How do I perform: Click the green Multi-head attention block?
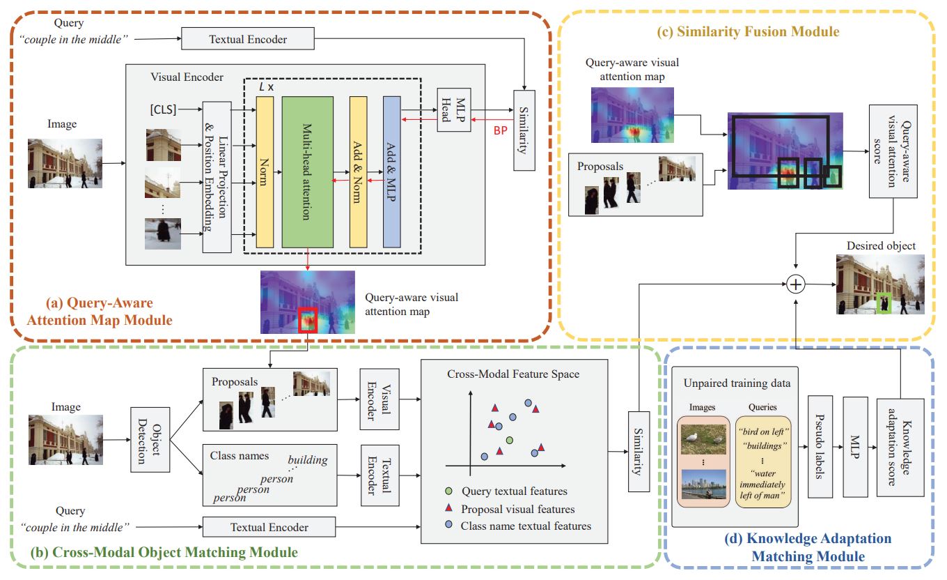(x=307, y=171)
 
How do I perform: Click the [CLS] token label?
(x=163, y=109)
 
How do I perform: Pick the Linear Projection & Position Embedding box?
(x=216, y=176)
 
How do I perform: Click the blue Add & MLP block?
(x=392, y=171)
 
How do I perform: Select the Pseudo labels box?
(x=820, y=447)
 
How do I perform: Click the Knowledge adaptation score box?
(x=900, y=447)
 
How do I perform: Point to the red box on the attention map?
(x=307, y=319)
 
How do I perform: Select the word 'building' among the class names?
(x=307, y=460)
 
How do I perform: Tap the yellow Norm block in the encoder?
(x=265, y=171)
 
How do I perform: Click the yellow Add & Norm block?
(x=358, y=171)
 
